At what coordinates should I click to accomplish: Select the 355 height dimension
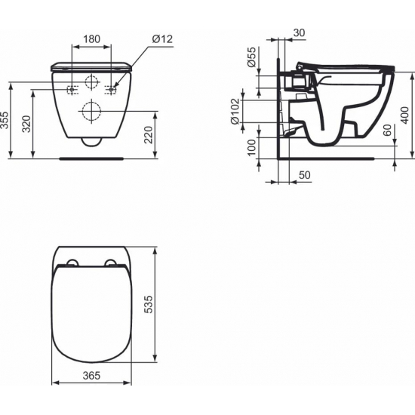(5, 121)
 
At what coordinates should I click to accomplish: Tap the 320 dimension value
(27, 125)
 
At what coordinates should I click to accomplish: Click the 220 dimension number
(148, 136)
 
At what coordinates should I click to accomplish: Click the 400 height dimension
(404, 115)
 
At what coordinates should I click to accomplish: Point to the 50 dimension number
(304, 175)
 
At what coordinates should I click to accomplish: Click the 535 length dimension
(149, 303)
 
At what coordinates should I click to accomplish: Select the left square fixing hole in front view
(72, 90)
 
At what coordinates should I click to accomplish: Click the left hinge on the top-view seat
(72, 263)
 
